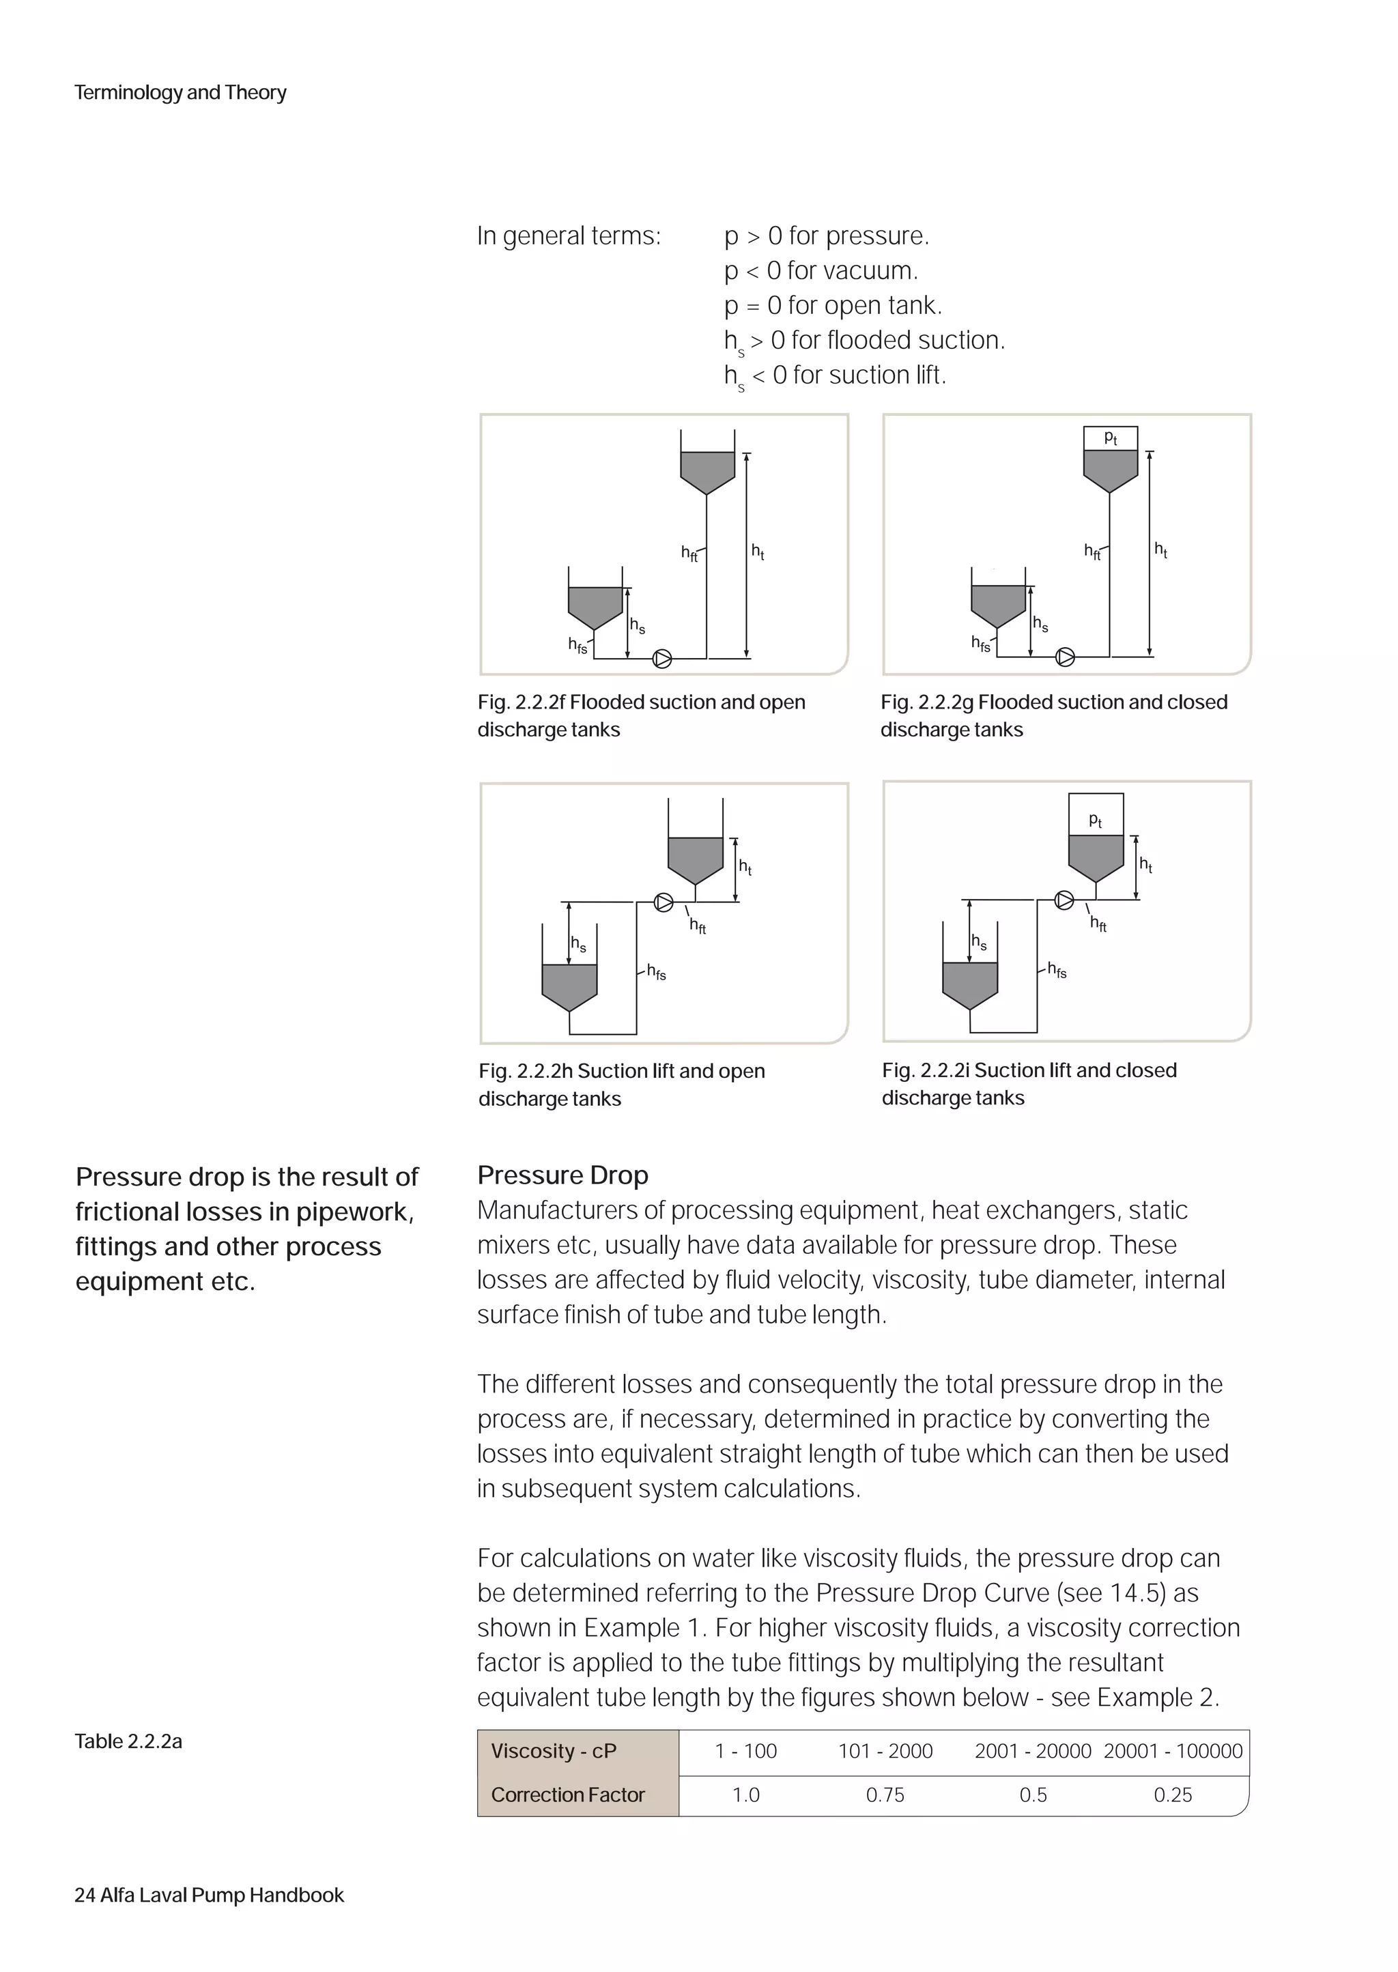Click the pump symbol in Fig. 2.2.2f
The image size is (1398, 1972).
(x=662, y=659)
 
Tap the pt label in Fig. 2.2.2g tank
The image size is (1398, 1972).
(x=1111, y=438)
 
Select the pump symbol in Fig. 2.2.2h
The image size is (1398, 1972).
(x=664, y=902)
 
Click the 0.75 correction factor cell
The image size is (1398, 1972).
(x=885, y=1795)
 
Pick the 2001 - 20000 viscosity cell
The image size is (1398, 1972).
(x=1032, y=1751)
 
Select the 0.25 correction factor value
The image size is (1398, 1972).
(x=1173, y=1795)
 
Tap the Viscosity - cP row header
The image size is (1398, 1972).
(x=553, y=1751)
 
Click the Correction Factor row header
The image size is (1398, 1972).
(x=567, y=1795)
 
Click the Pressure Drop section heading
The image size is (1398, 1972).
(x=562, y=1175)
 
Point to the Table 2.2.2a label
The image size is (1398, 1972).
(x=128, y=1741)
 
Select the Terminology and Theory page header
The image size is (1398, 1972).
(x=180, y=92)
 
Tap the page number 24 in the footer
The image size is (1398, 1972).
(x=85, y=1896)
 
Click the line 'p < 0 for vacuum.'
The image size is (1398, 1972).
(x=821, y=270)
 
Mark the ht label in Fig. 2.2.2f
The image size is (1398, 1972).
(x=758, y=551)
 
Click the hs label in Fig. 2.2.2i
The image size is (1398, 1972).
(x=979, y=942)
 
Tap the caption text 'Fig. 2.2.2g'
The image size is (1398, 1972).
(x=926, y=702)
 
